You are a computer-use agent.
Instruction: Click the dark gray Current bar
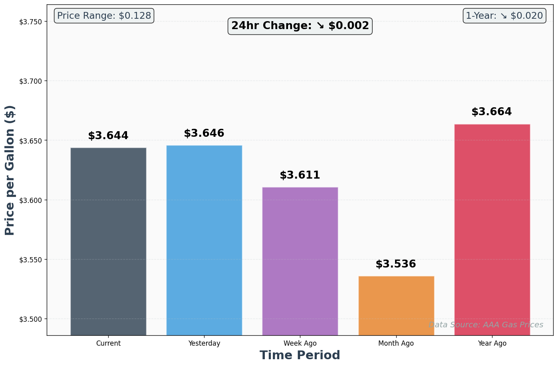click(x=108, y=241)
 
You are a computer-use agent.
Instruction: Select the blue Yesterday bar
click(x=204, y=240)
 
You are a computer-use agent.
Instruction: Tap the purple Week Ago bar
click(x=300, y=261)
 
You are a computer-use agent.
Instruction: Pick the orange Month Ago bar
click(x=396, y=305)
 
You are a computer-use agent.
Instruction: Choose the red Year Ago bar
click(x=492, y=230)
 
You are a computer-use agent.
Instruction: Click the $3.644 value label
click(x=108, y=136)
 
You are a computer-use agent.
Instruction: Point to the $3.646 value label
click(x=204, y=134)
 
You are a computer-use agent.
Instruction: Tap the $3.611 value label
click(x=300, y=175)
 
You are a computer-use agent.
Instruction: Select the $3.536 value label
click(x=396, y=264)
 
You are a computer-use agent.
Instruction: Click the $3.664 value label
click(x=492, y=112)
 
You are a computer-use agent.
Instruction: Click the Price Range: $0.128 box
click(x=104, y=16)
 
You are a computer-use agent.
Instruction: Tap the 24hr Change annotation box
click(x=300, y=26)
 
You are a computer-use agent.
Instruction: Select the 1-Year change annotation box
click(x=504, y=16)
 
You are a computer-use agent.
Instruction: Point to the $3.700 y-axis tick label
click(x=30, y=81)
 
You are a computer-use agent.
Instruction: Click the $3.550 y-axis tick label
click(x=30, y=260)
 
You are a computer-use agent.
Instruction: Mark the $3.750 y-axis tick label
click(x=30, y=22)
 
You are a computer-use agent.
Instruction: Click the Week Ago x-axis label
click(x=300, y=343)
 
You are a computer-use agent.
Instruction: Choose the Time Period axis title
click(x=300, y=355)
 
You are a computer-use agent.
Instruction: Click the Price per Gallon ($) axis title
click(x=10, y=170)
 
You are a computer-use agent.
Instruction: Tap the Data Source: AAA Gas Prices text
click(x=486, y=325)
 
